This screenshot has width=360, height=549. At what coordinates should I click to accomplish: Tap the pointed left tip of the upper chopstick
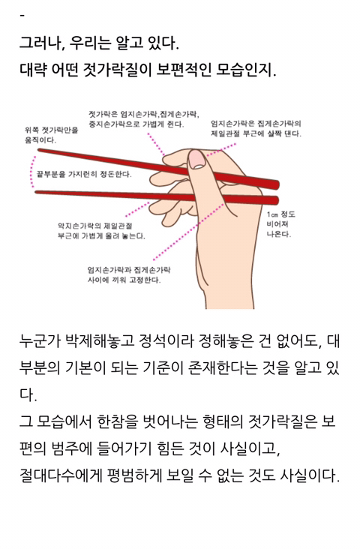pos(38,150)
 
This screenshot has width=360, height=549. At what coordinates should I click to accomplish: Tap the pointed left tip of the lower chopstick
pos(35,191)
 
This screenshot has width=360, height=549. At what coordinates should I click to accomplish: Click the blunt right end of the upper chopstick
pos(277,184)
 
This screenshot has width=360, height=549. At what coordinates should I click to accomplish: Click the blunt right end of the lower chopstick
pos(277,200)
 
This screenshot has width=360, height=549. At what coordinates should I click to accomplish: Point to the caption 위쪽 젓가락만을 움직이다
pos(51,135)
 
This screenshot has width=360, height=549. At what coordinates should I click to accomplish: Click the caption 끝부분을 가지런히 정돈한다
pos(84,174)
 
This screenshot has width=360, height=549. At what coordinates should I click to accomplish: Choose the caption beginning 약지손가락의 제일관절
pos(101,231)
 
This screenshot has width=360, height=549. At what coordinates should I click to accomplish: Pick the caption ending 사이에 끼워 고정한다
pos(129,274)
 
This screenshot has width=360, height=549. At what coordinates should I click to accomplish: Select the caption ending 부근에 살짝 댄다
pos(256,128)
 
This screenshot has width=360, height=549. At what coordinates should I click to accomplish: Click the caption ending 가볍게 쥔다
pos(144,119)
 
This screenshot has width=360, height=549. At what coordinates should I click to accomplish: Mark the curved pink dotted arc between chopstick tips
pos(32,171)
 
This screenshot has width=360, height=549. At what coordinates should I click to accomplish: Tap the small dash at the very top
pos(22,16)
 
